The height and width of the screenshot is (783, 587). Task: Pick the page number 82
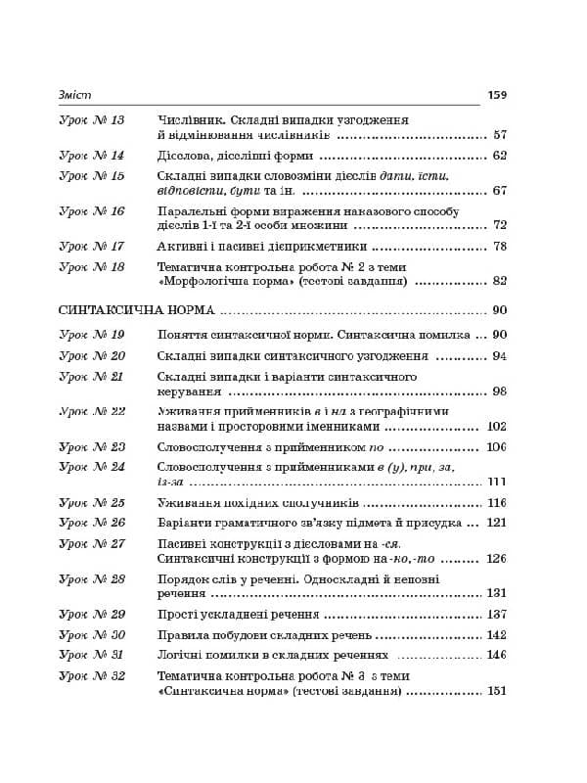coord(500,281)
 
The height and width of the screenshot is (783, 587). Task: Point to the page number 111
coord(496,482)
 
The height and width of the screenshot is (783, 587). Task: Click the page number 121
coord(496,523)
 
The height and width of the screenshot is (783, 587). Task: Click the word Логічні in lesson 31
coord(182,655)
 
